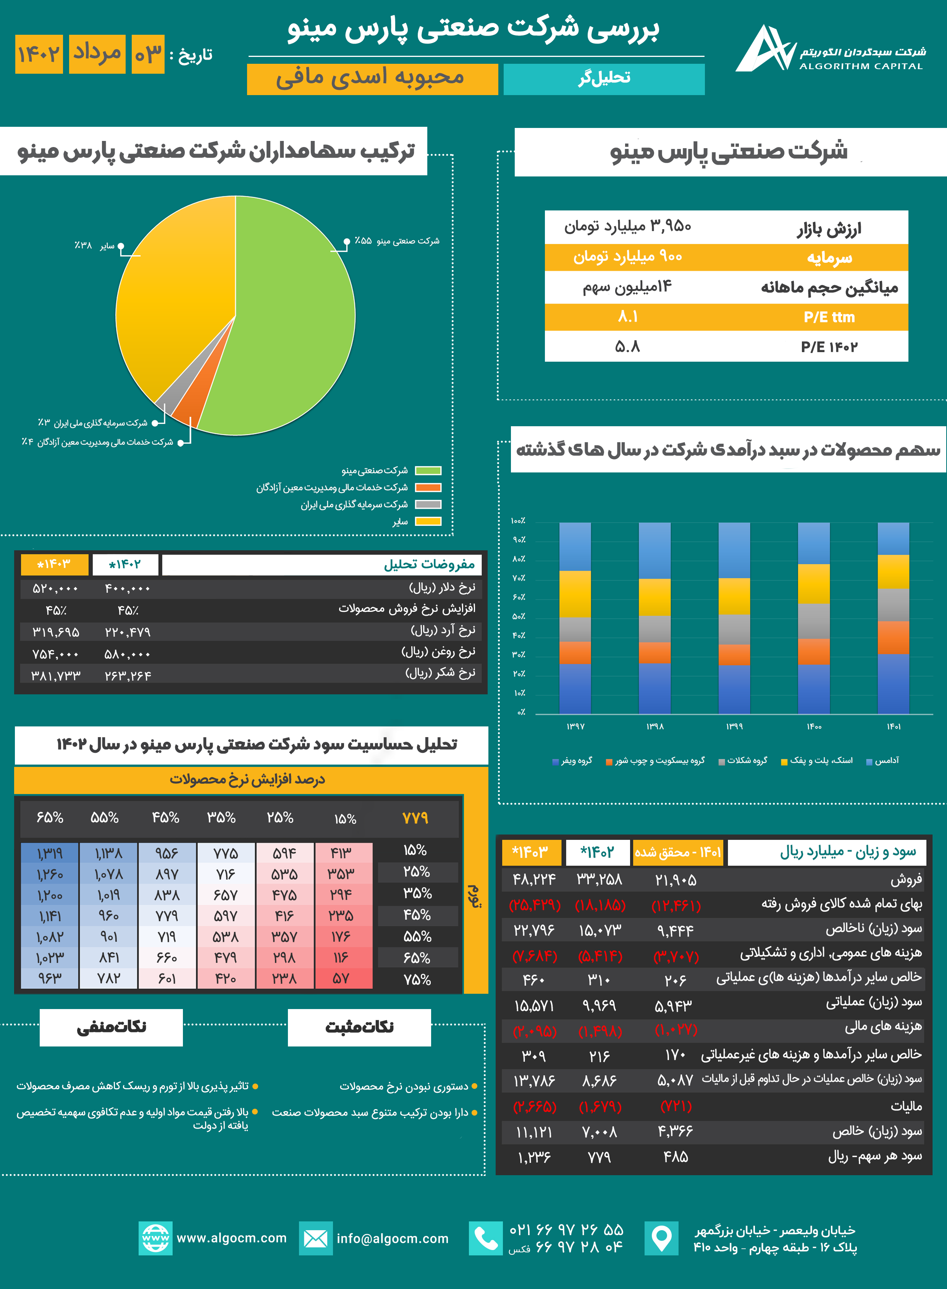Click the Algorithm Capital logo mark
click(x=765, y=49)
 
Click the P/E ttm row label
click(x=829, y=317)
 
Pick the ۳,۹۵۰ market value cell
click(x=628, y=226)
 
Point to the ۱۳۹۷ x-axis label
click(x=575, y=726)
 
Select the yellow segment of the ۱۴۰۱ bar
click(x=893, y=572)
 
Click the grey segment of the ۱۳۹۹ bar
click(x=734, y=629)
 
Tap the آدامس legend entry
click(x=883, y=761)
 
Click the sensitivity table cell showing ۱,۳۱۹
click(x=50, y=854)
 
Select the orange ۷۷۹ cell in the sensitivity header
click(x=415, y=818)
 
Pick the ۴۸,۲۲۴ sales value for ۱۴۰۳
click(x=534, y=880)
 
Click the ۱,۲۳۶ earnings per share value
click(x=534, y=1157)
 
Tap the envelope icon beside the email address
click(x=315, y=1239)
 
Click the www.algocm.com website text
click(x=231, y=1238)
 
